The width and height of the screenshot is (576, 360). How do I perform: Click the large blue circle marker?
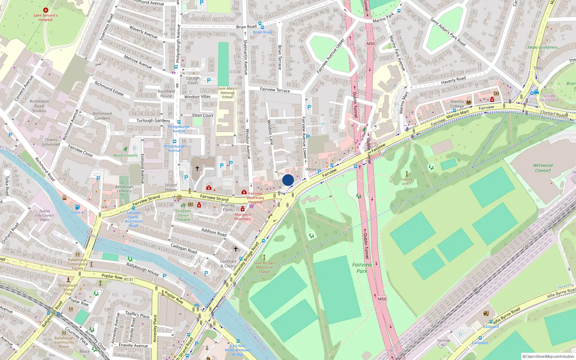click(x=288, y=180)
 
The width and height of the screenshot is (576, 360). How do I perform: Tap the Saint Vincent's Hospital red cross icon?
click(x=45, y=10)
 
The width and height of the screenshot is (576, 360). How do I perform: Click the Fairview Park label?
click(x=362, y=267)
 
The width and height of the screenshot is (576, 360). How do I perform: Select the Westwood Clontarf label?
click(x=543, y=168)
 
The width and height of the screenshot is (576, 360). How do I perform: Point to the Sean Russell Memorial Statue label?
click(x=264, y=267)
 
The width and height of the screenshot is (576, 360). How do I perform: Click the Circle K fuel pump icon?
click(x=77, y=207)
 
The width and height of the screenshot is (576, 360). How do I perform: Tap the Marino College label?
click(x=457, y=104)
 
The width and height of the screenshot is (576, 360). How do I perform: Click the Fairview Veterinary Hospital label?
click(x=255, y=198)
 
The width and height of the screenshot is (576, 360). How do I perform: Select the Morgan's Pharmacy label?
click(x=243, y=217)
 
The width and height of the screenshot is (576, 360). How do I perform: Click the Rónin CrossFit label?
click(x=126, y=156)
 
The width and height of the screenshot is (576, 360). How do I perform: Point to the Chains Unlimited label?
click(x=51, y=142)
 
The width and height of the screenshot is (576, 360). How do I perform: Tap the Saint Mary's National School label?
click(x=227, y=93)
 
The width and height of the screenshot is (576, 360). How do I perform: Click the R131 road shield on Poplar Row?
click(x=129, y=279)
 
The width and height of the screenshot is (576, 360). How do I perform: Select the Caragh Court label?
click(x=193, y=80)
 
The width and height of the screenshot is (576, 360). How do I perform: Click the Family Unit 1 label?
click(x=406, y=181)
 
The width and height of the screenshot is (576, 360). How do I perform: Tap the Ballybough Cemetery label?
click(x=124, y=189)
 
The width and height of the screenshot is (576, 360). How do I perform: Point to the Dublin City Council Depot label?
click(x=45, y=215)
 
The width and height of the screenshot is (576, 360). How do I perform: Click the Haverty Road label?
click(x=453, y=80)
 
